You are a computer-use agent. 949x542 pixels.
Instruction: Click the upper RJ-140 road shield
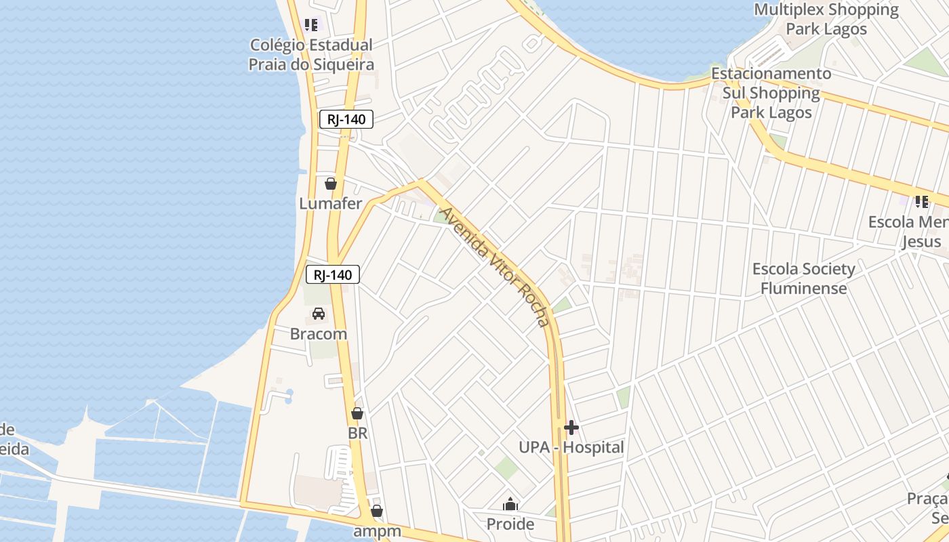(346, 120)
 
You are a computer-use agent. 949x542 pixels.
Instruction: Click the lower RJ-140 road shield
(332, 274)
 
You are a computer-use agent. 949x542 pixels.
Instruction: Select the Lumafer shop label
(331, 203)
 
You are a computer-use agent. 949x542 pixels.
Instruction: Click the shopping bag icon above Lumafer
(331, 184)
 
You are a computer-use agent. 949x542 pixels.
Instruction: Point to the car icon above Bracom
(319, 314)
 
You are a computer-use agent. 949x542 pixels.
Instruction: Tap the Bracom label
(319, 334)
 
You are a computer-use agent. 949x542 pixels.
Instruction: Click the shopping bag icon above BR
(357, 413)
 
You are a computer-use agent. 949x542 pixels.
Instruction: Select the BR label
(357, 433)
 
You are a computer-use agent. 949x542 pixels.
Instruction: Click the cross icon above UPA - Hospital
(571, 428)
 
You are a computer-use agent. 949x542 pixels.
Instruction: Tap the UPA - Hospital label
(571, 447)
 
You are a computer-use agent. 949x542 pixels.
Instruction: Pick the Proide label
(510, 524)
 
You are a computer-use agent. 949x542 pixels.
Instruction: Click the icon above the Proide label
(510, 505)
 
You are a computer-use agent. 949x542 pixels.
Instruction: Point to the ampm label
(378, 531)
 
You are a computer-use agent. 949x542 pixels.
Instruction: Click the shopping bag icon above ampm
(377, 512)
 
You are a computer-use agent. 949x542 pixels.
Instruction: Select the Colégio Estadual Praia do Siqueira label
(311, 55)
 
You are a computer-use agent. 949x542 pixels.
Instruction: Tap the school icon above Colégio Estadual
(311, 26)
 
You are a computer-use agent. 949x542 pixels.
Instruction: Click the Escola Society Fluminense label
(804, 278)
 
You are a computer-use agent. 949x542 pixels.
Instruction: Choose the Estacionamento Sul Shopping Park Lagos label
(771, 93)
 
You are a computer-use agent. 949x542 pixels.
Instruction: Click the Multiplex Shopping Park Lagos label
(826, 19)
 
